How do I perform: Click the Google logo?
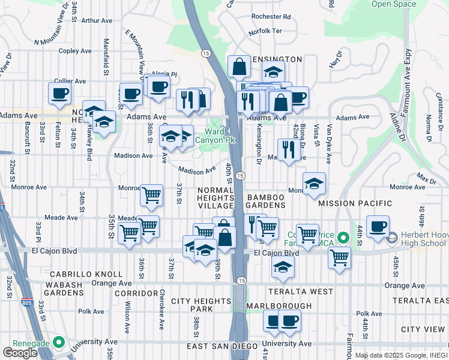tap(20, 352)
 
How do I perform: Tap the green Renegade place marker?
tap(58, 342)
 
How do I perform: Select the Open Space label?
tap(393, 4)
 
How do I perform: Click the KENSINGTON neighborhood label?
tap(274, 59)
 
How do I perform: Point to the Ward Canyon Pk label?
tap(219, 136)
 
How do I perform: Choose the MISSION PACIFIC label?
tap(350, 204)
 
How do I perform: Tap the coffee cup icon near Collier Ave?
tap(60, 92)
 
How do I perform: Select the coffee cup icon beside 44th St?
tap(378, 226)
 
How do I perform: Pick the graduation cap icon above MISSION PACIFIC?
tap(314, 184)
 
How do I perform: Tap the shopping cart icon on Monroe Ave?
tap(151, 194)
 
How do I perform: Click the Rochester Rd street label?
tap(271, 17)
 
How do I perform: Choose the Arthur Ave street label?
tap(97, 20)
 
